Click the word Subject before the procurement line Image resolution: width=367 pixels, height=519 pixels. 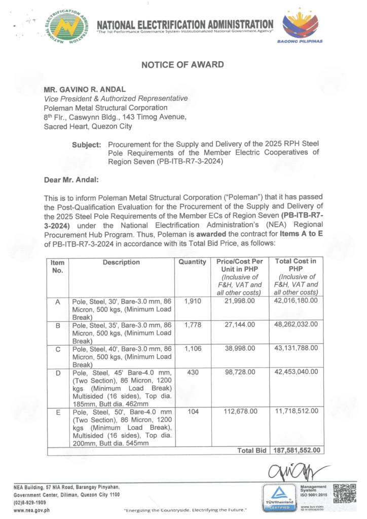point(87,144)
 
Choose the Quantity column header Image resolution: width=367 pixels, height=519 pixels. point(192,262)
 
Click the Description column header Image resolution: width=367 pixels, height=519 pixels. point(121,262)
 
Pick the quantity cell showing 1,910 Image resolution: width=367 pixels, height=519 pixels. point(193,301)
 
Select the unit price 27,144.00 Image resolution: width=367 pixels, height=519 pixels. point(238,324)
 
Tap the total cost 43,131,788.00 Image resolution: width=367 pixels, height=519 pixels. point(296,348)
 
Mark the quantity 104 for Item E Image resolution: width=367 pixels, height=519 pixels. point(193,412)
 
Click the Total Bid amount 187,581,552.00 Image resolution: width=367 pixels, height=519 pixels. point(296,450)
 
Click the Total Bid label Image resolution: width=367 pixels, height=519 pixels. point(251,450)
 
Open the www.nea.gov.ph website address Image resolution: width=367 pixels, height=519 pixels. point(31,509)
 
